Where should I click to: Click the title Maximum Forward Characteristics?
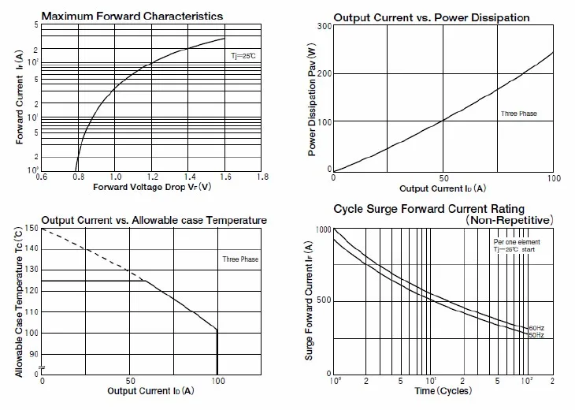[x=132, y=16]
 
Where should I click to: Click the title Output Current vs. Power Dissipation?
[x=431, y=17]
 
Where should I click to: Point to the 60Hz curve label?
[x=536, y=327]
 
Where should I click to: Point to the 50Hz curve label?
[x=536, y=335]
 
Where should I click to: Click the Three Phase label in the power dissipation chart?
[x=518, y=114]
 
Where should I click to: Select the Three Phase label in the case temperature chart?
[x=240, y=259]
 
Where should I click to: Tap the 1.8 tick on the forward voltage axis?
[x=262, y=177]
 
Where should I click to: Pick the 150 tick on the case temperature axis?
[x=31, y=229]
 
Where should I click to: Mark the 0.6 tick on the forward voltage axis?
[x=41, y=177]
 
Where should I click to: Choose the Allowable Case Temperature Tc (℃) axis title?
[x=17, y=300]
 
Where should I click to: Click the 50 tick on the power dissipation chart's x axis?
[x=443, y=178]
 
